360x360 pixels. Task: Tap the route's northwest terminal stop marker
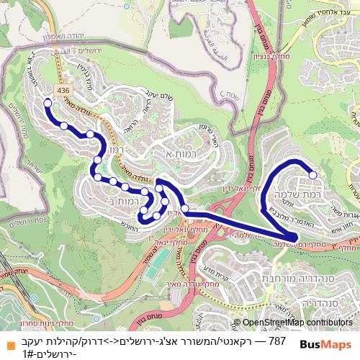[48, 103]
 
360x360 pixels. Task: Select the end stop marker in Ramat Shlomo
[313, 174]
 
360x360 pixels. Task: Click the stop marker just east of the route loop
[185, 209]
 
